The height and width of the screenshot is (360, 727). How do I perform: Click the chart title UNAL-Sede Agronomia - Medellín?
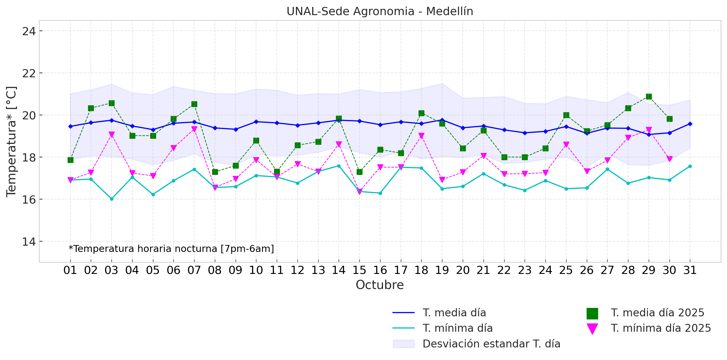[x=380, y=11]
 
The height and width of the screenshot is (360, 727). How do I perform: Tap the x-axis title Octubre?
[x=380, y=285]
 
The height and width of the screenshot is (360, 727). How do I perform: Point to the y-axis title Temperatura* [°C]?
[x=11, y=141]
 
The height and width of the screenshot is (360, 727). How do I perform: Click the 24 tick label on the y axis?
[x=29, y=31]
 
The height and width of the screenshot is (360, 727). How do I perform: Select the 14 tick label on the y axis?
[x=29, y=242]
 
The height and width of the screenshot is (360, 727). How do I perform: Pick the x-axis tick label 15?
[x=359, y=270]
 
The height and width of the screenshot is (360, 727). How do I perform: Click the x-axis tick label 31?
[x=690, y=270]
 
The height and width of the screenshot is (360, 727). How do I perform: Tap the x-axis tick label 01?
[x=70, y=270]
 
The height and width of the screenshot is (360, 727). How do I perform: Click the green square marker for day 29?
[x=649, y=96]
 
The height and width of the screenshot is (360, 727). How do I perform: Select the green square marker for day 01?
[x=70, y=160]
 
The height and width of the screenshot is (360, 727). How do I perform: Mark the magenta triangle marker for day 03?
[x=112, y=134]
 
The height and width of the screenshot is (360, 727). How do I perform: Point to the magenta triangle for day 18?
[x=421, y=136]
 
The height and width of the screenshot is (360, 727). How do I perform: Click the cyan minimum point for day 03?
[x=112, y=199]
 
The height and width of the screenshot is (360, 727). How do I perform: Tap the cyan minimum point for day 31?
[x=690, y=166]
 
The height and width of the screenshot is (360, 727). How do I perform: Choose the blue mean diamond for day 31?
[x=690, y=124]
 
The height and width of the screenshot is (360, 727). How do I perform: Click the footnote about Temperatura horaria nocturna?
[x=171, y=249]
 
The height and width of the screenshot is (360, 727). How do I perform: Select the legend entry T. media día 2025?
[x=657, y=313]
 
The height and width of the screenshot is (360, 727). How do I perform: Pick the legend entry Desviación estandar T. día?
[x=491, y=344]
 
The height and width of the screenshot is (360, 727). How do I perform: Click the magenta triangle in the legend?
[x=592, y=329]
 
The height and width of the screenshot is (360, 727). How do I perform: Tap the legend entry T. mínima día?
[x=457, y=328]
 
